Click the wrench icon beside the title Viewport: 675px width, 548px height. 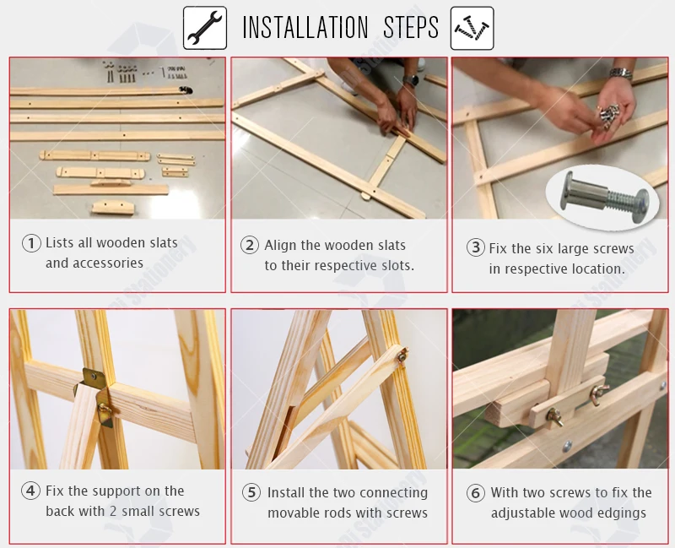coord(205,28)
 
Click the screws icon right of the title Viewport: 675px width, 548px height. coord(472,28)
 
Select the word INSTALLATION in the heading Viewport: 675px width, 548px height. coord(305,28)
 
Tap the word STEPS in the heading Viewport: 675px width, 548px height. coord(411,28)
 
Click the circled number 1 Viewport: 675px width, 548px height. coord(31,243)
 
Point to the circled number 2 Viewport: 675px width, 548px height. coord(250,245)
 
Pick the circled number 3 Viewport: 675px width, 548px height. coord(476,247)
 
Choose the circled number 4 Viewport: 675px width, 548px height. coord(30,491)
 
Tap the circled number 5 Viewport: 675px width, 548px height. coord(251,492)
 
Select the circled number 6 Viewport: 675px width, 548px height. coord(476,492)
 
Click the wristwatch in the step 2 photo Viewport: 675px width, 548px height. coord(410,80)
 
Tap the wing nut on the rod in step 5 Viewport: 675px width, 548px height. coord(402,355)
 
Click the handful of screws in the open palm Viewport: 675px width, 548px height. coord(607,115)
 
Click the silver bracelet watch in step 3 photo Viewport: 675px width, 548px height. coord(621,73)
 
